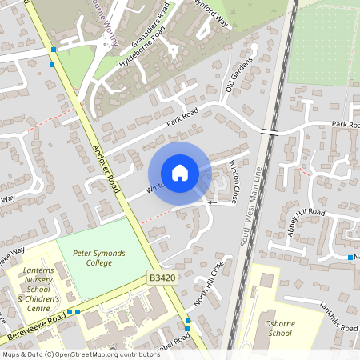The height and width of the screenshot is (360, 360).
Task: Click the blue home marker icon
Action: pyautogui.click(x=180, y=173)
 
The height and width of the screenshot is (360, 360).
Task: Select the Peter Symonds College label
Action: pyautogui.click(x=98, y=258)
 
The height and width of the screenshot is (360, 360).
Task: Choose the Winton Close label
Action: pyautogui.click(x=234, y=182)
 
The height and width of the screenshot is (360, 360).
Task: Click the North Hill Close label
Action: pyautogui.click(x=210, y=282)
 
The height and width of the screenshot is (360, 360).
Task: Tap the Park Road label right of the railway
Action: pyautogui.click(x=345, y=125)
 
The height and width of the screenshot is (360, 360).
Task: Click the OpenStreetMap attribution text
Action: pyautogui.click(x=70, y=354)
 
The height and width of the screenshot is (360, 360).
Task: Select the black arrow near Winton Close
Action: pyautogui.click(x=212, y=202)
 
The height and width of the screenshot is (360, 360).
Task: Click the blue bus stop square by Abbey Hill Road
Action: pyautogui.click(x=350, y=257)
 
